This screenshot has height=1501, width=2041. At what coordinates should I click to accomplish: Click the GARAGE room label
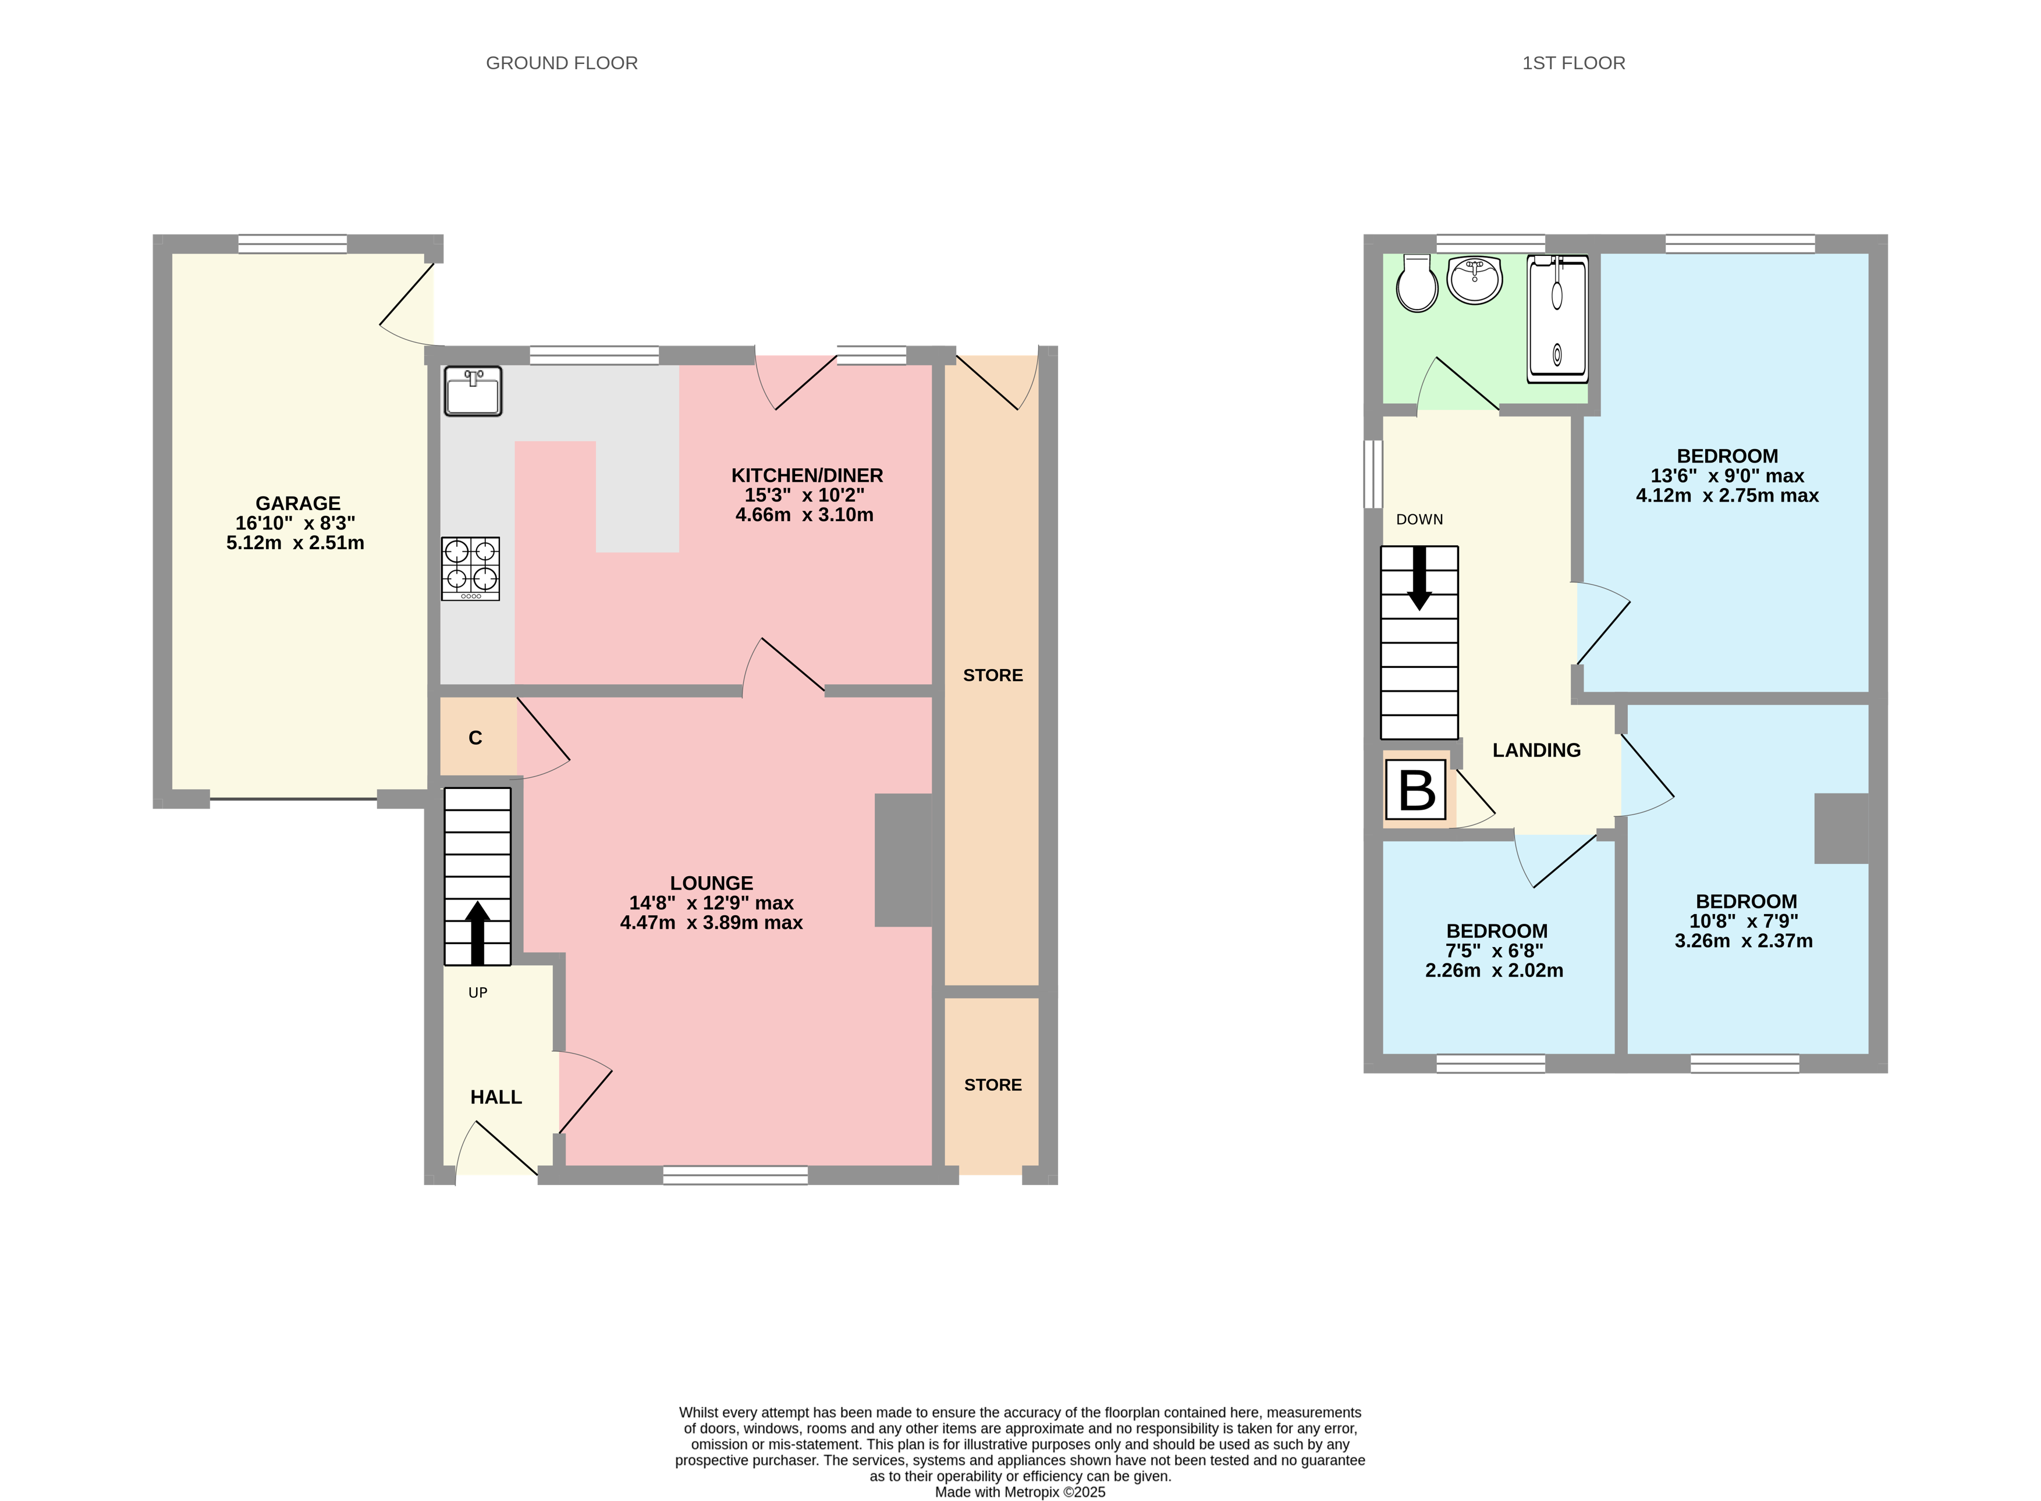[x=297, y=503]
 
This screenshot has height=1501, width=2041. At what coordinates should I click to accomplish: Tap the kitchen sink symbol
[x=473, y=392]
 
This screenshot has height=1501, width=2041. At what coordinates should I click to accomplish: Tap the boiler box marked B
[x=1416, y=789]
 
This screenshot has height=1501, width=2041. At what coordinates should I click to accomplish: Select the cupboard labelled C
[x=476, y=738]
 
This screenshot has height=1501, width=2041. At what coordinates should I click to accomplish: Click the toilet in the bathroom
[x=1417, y=284]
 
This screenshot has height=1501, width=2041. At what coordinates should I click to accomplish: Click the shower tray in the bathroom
[x=1557, y=318]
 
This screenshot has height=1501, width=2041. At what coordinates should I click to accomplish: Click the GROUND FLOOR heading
[x=562, y=63]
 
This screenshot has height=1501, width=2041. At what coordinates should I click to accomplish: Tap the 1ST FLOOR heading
[x=1573, y=63]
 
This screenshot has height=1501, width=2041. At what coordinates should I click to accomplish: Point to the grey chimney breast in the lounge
[x=903, y=859]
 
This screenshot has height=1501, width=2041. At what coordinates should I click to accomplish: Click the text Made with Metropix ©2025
[x=1020, y=1492]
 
